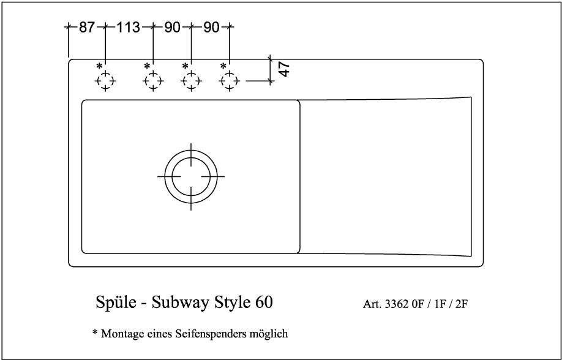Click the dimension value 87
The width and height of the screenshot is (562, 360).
[x=86, y=28]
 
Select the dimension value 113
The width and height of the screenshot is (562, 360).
[x=128, y=28]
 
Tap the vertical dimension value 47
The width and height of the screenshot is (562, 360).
[x=284, y=69]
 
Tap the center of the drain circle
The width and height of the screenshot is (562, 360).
[x=191, y=176]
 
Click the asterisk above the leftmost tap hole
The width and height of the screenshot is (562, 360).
[x=99, y=66]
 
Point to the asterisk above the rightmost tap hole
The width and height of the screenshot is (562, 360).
[x=223, y=66]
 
